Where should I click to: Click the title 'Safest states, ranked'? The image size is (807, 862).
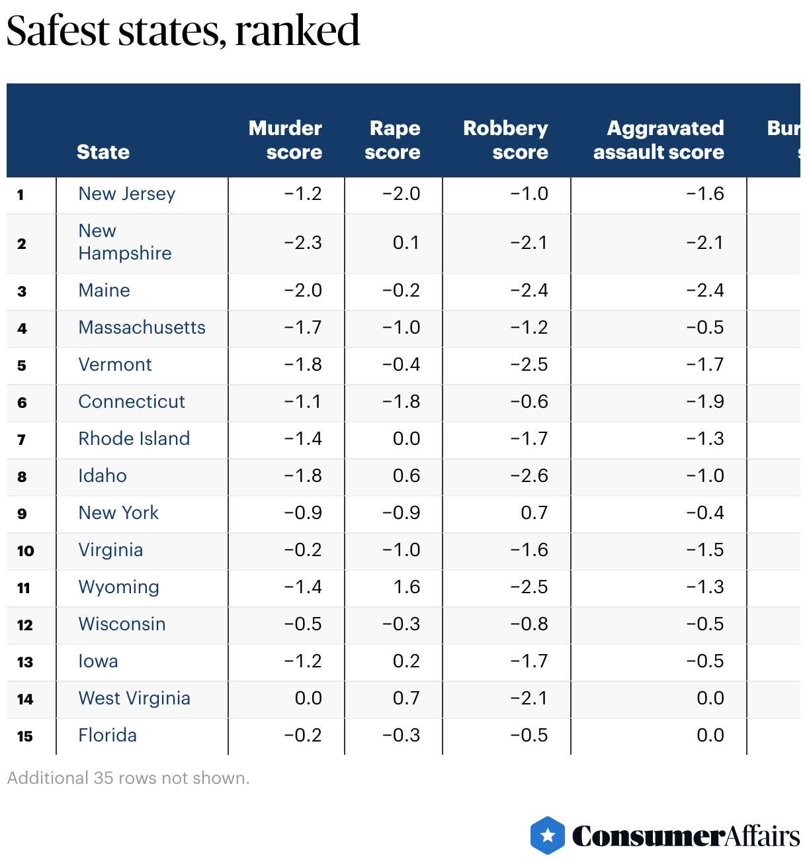[x=183, y=31]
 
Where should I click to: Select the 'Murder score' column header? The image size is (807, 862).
[x=285, y=140]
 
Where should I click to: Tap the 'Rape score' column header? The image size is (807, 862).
[x=393, y=140]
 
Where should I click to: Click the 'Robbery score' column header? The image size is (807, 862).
[x=506, y=140]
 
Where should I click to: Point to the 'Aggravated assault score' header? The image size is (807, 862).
[x=659, y=140]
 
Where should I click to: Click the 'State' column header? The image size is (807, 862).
[x=103, y=152]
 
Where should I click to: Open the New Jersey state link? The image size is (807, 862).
[x=127, y=194]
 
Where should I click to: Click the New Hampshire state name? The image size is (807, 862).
[x=124, y=242]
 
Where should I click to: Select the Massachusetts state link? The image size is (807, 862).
[x=142, y=328]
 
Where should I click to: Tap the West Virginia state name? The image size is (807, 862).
[x=134, y=698]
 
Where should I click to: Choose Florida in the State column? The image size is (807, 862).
[x=107, y=736]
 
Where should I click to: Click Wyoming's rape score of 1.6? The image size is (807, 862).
[x=407, y=587]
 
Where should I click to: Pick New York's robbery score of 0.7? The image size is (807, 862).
[x=534, y=513]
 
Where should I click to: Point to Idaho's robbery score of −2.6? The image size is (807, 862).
[x=529, y=476]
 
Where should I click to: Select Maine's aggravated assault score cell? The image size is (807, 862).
[x=705, y=291]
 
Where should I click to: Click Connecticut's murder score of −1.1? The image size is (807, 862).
[x=303, y=402]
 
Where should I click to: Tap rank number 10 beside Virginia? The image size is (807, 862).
[x=25, y=551]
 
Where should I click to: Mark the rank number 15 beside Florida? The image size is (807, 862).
[x=25, y=736]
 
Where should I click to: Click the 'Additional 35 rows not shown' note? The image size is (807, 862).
[x=128, y=778]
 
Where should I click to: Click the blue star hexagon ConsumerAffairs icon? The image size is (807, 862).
[x=548, y=836]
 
